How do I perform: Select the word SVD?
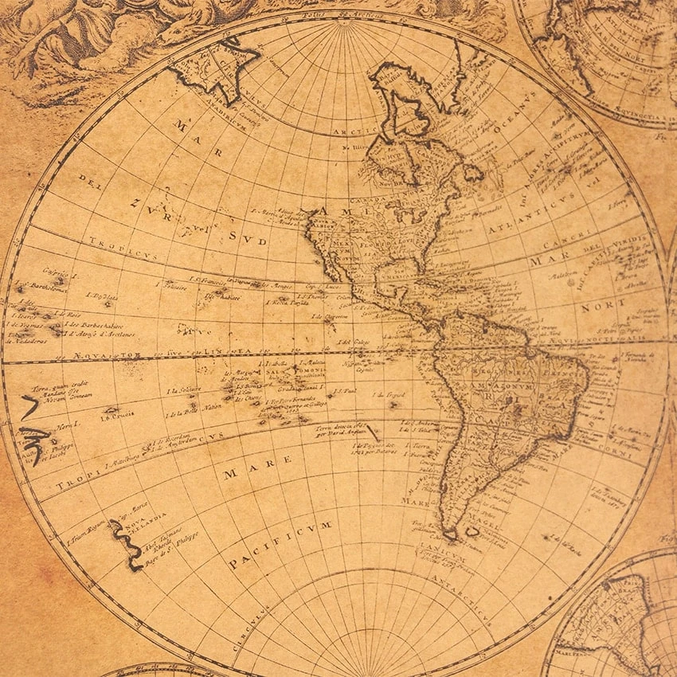[x=247, y=237]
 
